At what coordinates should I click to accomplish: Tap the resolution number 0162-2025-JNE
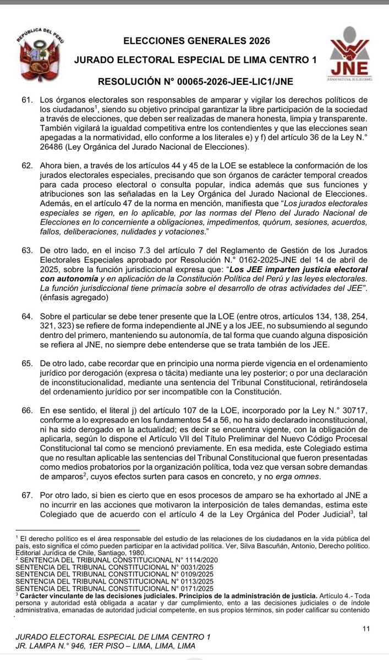[249, 259]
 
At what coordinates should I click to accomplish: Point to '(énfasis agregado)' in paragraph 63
[73, 298]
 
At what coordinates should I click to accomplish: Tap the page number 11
[367, 628]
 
